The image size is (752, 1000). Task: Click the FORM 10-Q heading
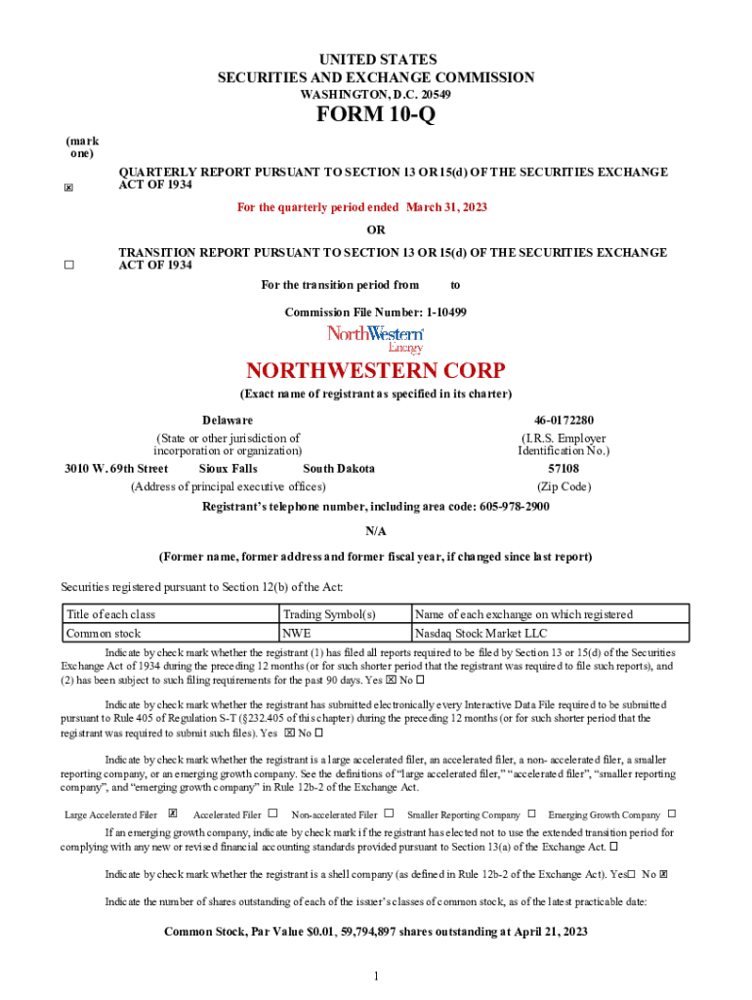tap(376, 115)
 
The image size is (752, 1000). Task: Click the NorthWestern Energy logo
tap(376, 338)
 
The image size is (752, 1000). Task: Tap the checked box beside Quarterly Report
tap(68, 188)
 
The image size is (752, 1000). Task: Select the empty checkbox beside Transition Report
tap(68, 265)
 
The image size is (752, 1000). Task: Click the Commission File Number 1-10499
tap(446, 312)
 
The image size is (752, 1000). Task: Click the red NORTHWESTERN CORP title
tap(376, 371)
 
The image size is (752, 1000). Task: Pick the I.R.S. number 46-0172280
tap(564, 420)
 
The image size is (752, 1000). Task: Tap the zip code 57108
tap(564, 469)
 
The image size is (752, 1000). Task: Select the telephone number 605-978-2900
tap(515, 507)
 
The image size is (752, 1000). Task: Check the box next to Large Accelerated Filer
tap(173, 813)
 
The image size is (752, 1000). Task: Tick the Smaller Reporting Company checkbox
tap(532, 813)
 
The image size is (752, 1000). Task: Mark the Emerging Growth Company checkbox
tap(672, 813)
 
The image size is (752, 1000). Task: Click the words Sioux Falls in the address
tap(229, 469)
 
